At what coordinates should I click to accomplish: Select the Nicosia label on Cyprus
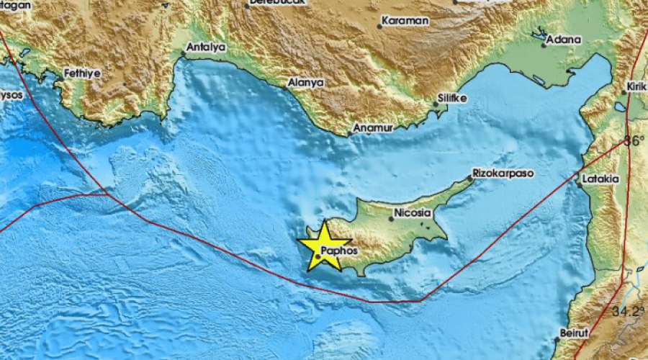(x=413, y=214)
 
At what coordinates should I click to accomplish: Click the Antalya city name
(x=206, y=48)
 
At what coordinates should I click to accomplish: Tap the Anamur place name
(x=372, y=128)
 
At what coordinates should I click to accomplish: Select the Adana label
(x=563, y=40)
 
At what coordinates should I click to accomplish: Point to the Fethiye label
(x=81, y=73)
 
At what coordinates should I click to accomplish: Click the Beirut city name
(x=573, y=334)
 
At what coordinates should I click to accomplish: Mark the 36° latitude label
(x=634, y=141)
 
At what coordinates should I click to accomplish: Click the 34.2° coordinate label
(x=631, y=312)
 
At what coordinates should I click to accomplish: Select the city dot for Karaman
(x=379, y=27)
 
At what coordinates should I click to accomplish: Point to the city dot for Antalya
(x=184, y=53)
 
